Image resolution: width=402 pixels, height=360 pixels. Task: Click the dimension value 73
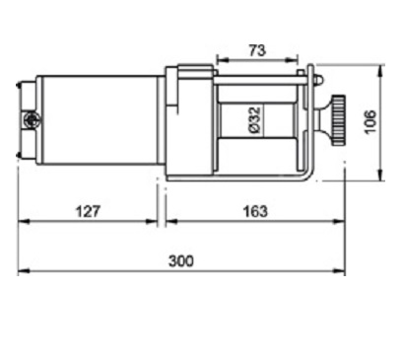click(x=257, y=50)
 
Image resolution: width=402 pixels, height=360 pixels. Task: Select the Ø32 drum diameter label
click(x=256, y=120)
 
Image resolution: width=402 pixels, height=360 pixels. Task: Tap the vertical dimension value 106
click(x=370, y=122)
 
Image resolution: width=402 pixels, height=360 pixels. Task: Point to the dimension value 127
click(x=88, y=211)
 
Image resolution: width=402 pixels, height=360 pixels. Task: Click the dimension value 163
click(x=255, y=211)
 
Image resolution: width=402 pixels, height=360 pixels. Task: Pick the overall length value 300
click(x=181, y=261)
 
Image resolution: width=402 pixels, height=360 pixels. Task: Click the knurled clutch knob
click(x=338, y=120)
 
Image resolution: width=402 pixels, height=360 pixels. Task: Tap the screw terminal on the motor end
click(x=32, y=118)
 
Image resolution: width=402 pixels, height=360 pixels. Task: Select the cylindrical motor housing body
click(x=100, y=120)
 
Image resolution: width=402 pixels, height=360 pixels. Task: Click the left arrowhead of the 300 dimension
click(x=24, y=271)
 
